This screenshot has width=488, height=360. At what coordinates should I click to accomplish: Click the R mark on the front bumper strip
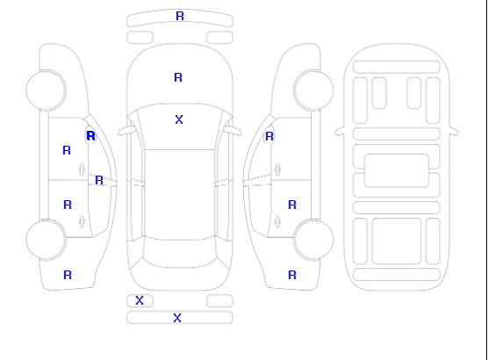180,16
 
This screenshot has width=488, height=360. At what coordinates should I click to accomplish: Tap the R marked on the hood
178,77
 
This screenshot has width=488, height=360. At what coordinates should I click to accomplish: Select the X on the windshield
179,119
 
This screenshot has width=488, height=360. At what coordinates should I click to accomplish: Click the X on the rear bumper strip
177,318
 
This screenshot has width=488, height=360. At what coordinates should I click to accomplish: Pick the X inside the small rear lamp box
140,300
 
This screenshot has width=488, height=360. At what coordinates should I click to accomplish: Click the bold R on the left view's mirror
91,136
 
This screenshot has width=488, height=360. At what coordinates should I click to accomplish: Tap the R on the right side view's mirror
269,136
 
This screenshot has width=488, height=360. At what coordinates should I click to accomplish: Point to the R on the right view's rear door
292,205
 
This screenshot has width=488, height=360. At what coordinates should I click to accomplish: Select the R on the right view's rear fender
292,275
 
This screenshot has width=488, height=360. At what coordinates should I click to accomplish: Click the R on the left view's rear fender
68,275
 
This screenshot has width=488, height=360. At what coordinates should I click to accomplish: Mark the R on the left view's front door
67,150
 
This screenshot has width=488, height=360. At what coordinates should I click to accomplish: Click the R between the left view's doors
99,180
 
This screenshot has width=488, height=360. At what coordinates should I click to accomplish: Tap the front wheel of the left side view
46,90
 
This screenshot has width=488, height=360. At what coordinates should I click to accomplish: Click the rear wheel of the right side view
313,240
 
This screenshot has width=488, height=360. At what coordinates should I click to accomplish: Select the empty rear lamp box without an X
219,301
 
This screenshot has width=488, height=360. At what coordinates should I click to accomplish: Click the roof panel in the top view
180,194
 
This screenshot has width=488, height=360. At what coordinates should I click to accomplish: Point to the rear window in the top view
180,253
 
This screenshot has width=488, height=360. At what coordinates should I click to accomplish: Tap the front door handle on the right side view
277,169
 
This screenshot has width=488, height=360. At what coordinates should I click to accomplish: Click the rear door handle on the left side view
82,221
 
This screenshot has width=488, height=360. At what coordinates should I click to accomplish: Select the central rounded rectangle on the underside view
397,170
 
